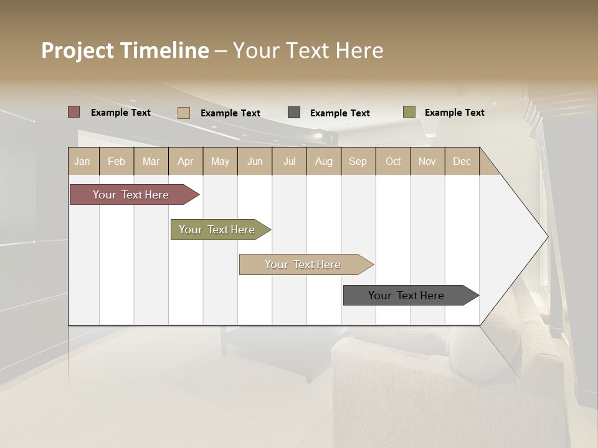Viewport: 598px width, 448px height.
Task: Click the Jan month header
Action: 82,161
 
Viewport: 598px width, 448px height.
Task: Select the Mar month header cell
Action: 151,161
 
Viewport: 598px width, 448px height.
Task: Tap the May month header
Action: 220,161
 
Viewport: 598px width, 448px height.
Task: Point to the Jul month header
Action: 289,161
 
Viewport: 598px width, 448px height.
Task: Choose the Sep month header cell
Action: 358,161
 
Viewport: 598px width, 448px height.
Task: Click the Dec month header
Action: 462,161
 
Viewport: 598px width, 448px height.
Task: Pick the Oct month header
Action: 393,161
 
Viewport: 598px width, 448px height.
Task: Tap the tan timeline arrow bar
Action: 303,264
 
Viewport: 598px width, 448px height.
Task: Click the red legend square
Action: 74,112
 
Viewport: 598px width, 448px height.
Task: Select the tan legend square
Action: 183,113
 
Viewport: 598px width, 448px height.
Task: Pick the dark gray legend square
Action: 294,113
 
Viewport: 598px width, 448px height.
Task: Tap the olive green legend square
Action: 409,112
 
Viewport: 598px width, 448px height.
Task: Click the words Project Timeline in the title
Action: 125,50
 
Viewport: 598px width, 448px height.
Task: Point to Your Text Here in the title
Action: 308,50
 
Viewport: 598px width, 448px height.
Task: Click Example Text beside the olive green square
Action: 454,113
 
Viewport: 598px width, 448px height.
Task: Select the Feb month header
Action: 116,161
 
